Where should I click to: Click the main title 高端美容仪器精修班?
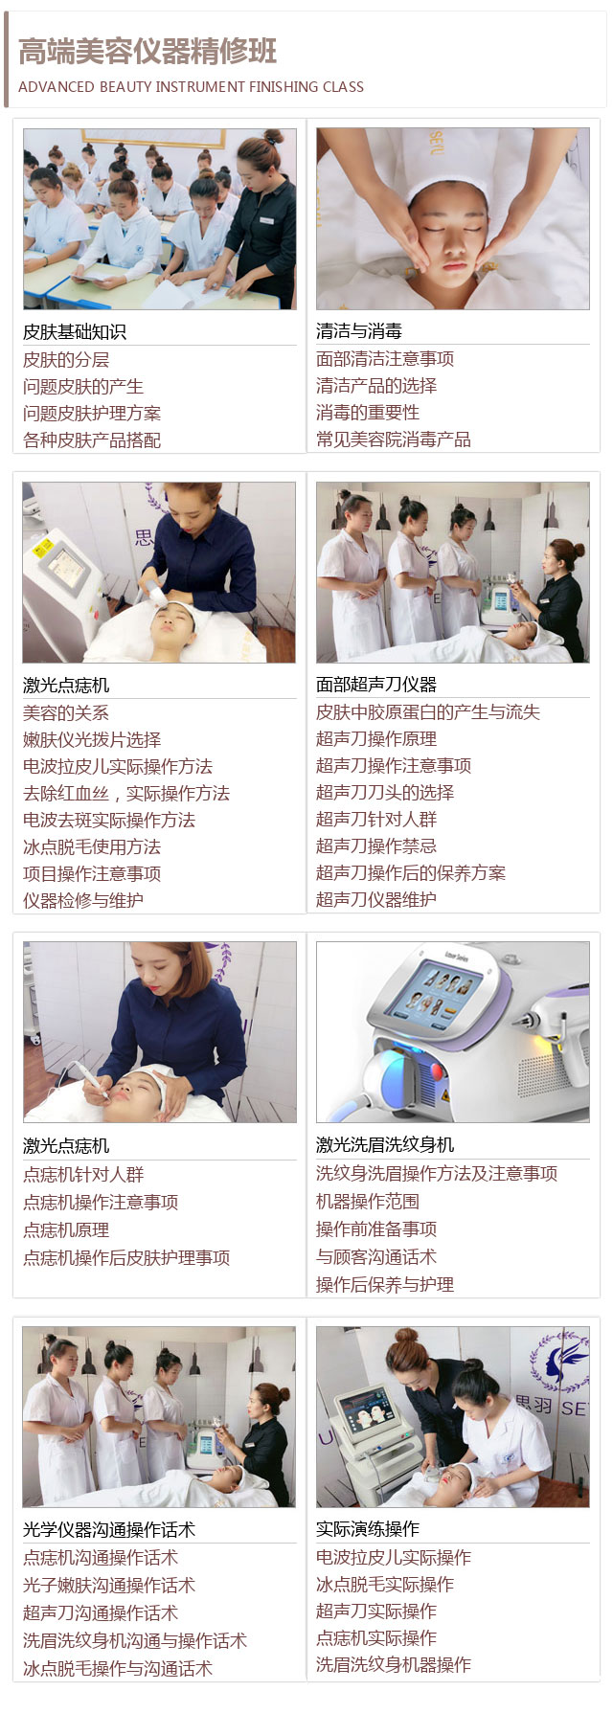[x=148, y=52]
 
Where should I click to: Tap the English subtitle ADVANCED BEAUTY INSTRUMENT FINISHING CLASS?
[x=192, y=87]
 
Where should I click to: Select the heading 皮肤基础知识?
[x=75, y=332]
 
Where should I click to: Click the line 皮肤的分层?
[x=66, y=360]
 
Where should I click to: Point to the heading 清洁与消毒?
[x=359, y=331]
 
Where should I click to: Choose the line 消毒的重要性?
[x=368, y=413]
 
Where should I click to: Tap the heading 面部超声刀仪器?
[x=376, y=685]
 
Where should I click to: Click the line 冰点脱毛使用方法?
[x=92, y=847]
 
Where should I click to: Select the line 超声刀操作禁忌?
[x=376, y=846]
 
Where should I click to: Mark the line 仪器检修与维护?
[x=83, y=901]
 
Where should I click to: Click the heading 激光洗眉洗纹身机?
[x=385, y=1145]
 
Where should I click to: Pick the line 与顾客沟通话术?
[x=376, y=1257]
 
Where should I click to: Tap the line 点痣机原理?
[x=66, y=1230]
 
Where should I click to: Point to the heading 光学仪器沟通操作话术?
[x=109, y=1530]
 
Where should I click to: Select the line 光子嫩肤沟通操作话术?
[x=109, y=1586]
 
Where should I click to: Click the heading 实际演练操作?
[x=368, y=1529]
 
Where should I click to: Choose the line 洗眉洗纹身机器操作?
[x=394, y=1665]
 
